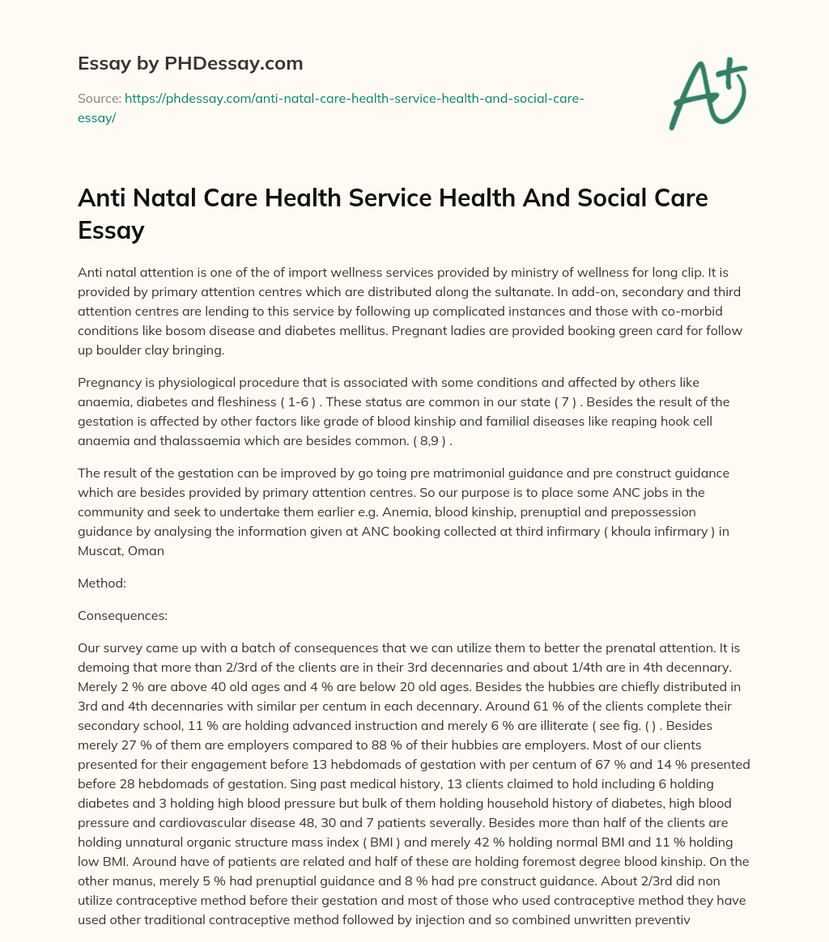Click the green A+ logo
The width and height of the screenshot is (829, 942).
point(708,95)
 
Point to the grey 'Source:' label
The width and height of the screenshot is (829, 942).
point(99,98)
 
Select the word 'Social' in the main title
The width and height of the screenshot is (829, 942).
point(566,199)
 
